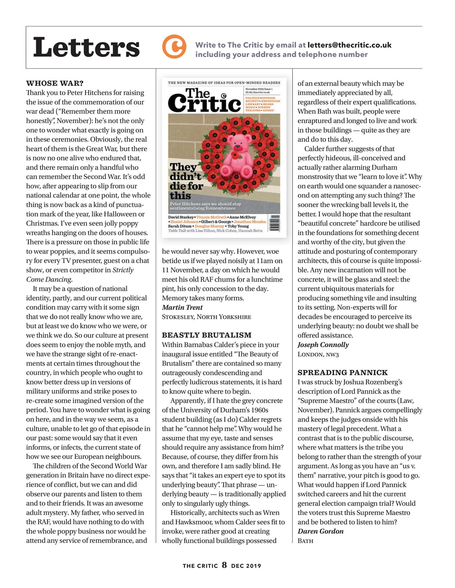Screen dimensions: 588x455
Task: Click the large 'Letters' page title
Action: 86,47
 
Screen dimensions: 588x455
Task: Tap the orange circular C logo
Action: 174,47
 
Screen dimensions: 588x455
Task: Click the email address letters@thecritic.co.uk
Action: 349,45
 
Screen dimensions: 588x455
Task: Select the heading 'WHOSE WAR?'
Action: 55,83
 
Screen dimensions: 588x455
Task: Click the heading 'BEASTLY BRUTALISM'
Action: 207,335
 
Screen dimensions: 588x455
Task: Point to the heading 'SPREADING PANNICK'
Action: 342,372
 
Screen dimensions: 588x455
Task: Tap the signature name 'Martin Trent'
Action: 182,307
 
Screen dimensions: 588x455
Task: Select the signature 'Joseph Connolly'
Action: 323,345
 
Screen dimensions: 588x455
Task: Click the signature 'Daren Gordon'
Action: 320,531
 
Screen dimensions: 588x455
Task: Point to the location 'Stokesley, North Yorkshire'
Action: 206,317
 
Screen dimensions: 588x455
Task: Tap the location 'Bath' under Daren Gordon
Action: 306,540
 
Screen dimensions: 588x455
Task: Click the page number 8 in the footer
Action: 224,565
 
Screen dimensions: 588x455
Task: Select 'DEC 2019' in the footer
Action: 246,566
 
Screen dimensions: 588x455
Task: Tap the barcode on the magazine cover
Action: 274,224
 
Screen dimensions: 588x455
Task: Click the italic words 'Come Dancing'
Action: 49,279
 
